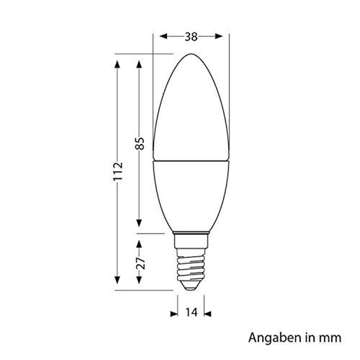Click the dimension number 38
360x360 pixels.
192,34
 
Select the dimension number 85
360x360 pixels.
140,144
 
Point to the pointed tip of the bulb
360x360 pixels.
192,54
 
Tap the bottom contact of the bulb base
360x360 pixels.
192,287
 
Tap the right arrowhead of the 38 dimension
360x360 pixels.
224,34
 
